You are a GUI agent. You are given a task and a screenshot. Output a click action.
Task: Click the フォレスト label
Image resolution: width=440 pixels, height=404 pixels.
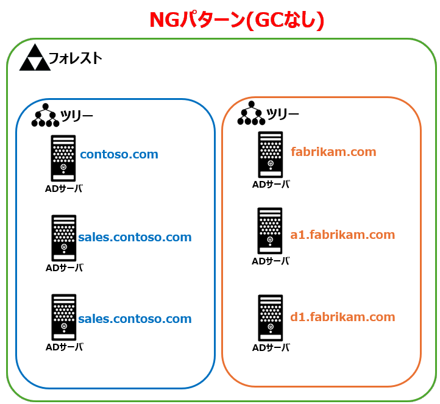point(75,58)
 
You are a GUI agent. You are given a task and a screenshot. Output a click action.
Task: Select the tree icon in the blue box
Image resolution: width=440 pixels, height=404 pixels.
point(46,115)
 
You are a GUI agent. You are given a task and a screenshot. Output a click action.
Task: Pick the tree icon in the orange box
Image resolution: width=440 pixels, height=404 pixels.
point(252,113)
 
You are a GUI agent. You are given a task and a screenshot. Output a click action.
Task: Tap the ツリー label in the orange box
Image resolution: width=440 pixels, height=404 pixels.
point(283,114)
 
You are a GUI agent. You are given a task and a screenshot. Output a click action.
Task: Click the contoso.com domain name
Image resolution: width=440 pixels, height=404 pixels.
point(119,154)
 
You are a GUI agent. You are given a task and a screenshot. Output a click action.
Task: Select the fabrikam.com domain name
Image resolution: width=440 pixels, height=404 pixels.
point(333,152)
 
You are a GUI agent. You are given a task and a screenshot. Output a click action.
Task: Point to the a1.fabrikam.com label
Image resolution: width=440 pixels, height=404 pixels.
point(342,235)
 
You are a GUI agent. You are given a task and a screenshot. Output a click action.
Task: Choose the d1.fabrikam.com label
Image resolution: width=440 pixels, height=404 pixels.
point(342,317)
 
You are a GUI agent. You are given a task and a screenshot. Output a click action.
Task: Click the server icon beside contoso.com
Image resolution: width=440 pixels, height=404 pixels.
point(63,158)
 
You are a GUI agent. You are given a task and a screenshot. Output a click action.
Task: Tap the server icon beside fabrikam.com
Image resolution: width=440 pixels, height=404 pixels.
point(270,154)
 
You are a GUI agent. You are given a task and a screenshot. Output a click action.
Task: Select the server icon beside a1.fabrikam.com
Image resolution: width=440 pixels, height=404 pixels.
point(270,230)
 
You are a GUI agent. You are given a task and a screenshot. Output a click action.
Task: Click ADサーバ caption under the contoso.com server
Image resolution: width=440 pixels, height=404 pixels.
point(64,188)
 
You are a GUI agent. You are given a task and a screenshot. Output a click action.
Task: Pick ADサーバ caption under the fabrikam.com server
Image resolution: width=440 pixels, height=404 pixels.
point(271,185)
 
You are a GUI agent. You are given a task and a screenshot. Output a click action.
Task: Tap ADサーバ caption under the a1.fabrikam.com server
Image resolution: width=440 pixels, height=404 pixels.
point(271,261)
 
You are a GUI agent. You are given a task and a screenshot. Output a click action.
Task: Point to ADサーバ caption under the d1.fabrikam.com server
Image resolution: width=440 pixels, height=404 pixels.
point(271,347)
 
